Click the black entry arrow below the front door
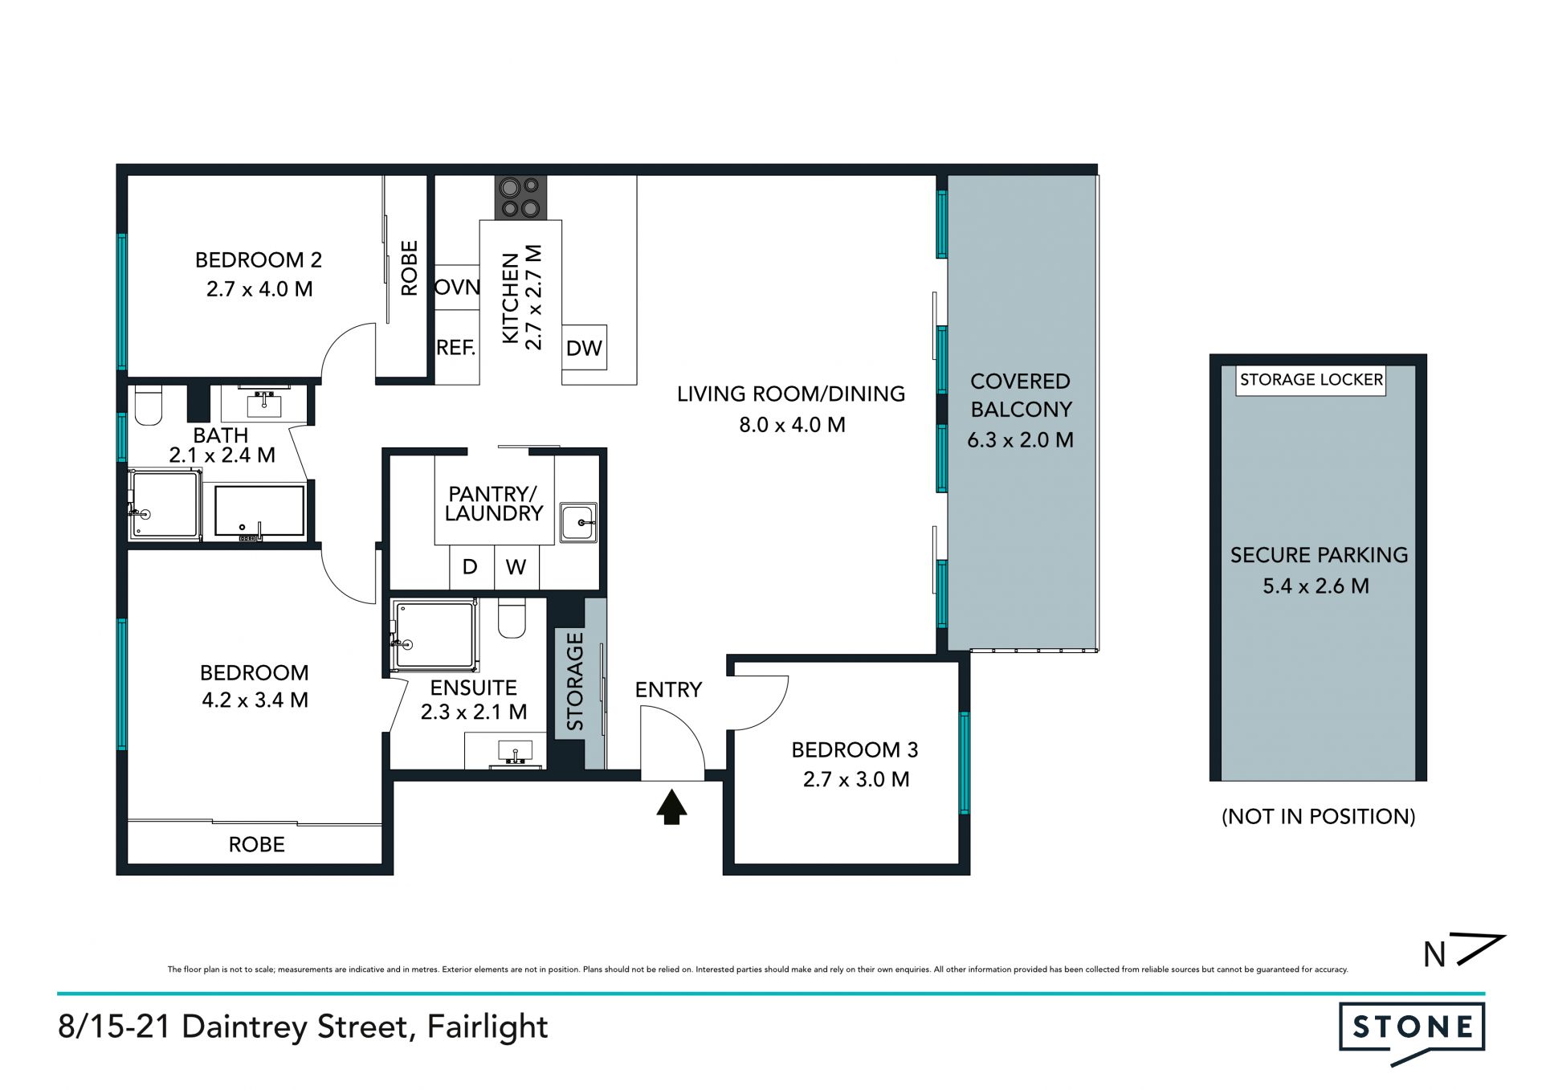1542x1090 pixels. click(671, 806)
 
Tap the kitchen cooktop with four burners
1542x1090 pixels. click(520, 198)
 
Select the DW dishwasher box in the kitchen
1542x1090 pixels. click(584, 348)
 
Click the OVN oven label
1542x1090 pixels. click(457, 287)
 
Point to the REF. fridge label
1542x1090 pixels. click(455, 348)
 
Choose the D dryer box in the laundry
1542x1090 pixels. click(471, 567)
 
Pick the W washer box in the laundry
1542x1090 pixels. click(516, 567)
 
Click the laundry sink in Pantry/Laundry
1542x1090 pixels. click(578, 523)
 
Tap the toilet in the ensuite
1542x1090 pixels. click(512, 618)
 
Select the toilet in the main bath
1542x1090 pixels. click(149, 405)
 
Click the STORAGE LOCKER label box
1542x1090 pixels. click(1311, 380)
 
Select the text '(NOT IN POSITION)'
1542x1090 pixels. click(1318, 817)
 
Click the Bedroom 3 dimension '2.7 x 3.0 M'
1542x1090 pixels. click(856, 779)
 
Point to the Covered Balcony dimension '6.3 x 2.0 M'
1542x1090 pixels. click(1020, 440)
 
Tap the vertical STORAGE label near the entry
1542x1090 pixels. click(575, 681)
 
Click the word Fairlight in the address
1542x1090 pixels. click(487, 1027)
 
